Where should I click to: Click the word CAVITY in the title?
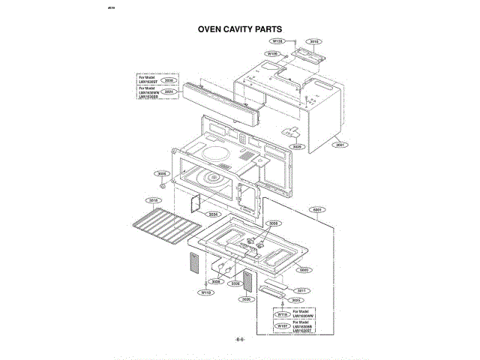(239, 30)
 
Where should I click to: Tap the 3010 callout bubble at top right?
(315, 42)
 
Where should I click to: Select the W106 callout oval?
(273, 54)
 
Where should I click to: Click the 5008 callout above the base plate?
(273, 223)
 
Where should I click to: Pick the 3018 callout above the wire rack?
(153, 200)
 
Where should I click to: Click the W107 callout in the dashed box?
(282, 326)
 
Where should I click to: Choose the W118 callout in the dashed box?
(282, 315)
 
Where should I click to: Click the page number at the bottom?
(240, 340)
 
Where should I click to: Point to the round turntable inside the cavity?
(216, 180)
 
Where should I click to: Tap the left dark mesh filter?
(193, 265)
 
